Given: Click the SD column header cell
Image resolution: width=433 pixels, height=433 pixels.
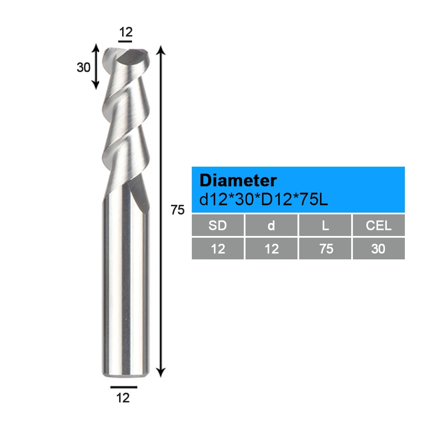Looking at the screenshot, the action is click(x=218, y=225).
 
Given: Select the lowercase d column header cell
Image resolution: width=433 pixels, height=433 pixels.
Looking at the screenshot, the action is click(x=271, y=225).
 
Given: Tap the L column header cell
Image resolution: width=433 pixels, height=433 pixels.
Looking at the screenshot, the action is click(x=325, y=225).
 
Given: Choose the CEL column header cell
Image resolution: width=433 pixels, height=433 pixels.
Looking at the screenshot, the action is click(x=378, y=225).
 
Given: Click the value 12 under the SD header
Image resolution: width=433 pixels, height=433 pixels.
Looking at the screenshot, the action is click(x=218, y=249).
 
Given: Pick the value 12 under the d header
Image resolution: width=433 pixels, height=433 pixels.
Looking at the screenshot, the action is click(x=271, y=249).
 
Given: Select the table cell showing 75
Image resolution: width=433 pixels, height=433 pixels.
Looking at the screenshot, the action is click(x=325, y=249).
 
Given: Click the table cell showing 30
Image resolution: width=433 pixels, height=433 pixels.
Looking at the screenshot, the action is click(x=378, y=249).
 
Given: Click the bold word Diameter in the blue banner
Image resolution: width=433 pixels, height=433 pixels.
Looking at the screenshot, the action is click(x=238, y=180).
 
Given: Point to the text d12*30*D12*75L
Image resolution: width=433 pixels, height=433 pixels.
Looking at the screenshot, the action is click(x=263, y=199).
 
